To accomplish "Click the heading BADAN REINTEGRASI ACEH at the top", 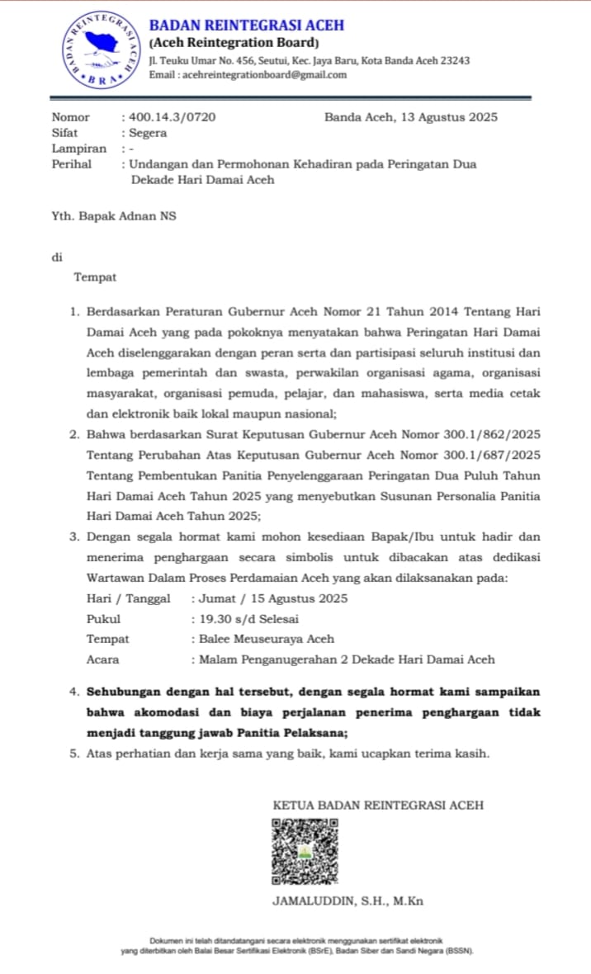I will point(246,26).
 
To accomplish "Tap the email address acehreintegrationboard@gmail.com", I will point(264,74).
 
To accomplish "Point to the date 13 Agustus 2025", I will point(449,117).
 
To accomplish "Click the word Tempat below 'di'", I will point(95,277).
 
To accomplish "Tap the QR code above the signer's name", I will point(305,850).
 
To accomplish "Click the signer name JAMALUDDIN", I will point(312,901).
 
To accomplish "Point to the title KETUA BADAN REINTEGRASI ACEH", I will point(378,805).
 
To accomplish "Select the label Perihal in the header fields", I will point(72,164).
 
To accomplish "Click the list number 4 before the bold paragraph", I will point(74,692).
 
